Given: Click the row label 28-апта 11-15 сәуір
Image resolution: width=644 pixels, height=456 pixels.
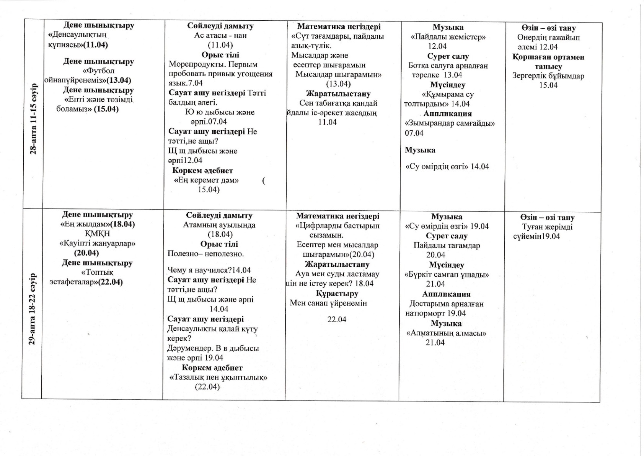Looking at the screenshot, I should coord(33,118).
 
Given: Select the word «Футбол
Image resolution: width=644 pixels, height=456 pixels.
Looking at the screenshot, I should coord(99,71).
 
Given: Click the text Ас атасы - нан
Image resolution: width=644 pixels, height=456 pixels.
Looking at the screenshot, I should coord(220,36).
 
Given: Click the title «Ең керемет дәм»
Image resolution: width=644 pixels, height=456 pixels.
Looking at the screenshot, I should coord(206,180).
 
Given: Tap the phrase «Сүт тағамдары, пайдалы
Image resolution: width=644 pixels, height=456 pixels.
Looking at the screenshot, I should coord(337,36).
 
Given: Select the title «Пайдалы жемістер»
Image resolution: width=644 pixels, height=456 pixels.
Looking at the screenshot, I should coord(448,37).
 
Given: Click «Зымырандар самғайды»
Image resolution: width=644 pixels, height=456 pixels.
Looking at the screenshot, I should coord(450,123).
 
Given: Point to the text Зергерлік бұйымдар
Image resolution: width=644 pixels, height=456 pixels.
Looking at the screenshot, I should coord(548,76).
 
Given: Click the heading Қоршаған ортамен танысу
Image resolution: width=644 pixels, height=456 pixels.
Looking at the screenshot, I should coord(548,62).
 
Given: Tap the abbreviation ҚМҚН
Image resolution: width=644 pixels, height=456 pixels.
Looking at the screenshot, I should coord(97,234).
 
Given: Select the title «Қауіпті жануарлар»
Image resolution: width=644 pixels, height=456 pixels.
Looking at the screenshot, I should coord(97,243).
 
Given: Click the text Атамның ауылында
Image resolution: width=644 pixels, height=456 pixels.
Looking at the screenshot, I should coord(219,225).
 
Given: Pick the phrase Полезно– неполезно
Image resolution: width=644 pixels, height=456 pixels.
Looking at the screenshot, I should coord(206,254).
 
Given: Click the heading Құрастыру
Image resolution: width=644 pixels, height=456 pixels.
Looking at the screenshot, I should coord(337,294).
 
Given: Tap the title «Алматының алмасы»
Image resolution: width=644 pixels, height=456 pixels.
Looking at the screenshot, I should coord(446,333).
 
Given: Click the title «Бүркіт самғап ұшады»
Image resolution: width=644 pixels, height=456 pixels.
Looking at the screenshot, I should coord(447,275).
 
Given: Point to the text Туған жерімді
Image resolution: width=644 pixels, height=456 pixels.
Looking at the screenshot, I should coord(548,227).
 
